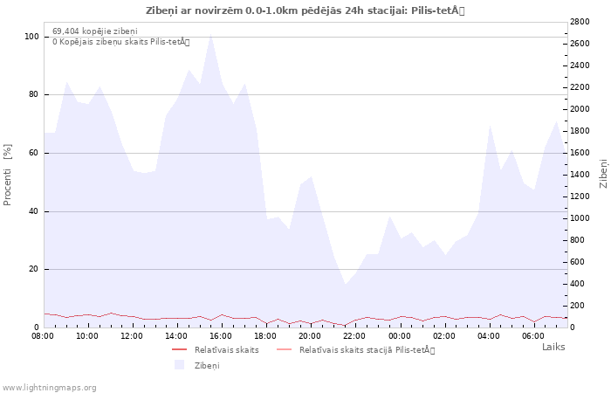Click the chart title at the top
pyautogui.click(x=305, y=10)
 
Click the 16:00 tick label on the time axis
pyautogui.click(x=221, y=335)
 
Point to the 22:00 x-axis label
pyautogui.click(x=354, y=335)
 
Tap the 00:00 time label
pyautogui.click(x=400, y=335)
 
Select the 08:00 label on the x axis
pyautogui.click(x=43, y=335)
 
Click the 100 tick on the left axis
pyautogui.click(x=31, y=37)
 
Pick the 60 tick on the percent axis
pyautogui.click(x=34, y=153)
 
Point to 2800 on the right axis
pyautogui.click(x=580, y=22)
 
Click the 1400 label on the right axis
pyautogui.click(x=580, y=175)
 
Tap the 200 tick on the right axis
pyautogui.click(x=577, y=306)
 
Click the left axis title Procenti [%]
pyautogui.click(x=7, y=175)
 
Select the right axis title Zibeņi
pyautogui.click(x=603, y=173)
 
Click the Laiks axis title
pyautogui.click(x=553, y=347)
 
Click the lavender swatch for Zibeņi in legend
pyautogui.click(x=179, y=365)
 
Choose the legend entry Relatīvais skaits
pyautogui.click(x=226, y=349)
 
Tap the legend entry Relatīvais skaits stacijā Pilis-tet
pyautogui.click(x=367, y=349)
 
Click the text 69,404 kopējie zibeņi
pyautogui.click(x=95, y=31)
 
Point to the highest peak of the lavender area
pyautogui.click(x=210, y=33)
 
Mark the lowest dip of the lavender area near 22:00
pyautogui.click(x=345, y=284)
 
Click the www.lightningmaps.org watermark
pyautogui.click(x=49, y=388)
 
